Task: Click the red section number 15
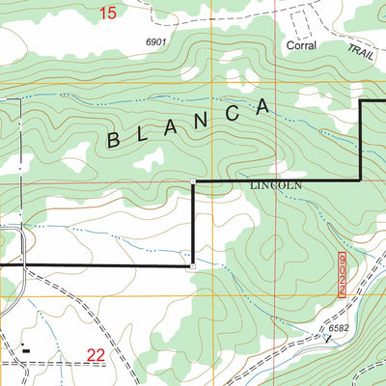(x=107, y=13)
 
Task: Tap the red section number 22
(x=95, y=356)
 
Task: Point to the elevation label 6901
(x=156, y=42)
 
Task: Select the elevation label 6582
(x=339, y=329)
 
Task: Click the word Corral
(x=301, y=45)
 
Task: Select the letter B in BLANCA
(x=114, y=141)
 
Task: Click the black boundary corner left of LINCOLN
(x=194, y=180)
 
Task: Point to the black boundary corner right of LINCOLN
(x=361, y=179)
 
